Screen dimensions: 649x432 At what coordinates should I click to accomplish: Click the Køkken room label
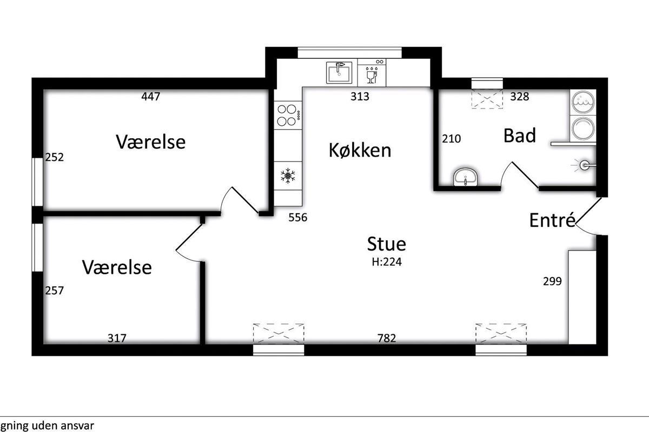[360, 150]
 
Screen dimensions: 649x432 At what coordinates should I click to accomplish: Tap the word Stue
[387, 244]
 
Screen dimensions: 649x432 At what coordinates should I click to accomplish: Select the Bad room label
[520, 135]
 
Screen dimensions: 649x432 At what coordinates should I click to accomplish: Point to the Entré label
[552, 220]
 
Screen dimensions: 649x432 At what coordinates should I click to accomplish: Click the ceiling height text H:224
[387, 262]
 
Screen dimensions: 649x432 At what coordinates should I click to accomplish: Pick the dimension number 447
[151, 96]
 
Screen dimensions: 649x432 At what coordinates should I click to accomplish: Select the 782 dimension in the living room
[387, 338]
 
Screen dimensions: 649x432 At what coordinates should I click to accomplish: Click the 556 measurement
[298, 217]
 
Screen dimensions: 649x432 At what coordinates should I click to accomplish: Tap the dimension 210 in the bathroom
[452, 139]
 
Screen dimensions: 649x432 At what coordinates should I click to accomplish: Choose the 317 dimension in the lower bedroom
[117, 338]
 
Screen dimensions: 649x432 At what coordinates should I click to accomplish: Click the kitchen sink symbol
[339, 72]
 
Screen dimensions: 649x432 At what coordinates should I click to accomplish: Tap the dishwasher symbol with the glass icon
[372, 72]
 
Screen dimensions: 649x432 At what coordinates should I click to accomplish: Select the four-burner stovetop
[288, 115]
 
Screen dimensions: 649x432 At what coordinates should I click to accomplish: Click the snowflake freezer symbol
[288, 175]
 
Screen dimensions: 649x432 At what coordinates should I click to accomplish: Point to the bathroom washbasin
[466, 176]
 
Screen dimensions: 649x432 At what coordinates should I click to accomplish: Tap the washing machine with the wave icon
[583, 102]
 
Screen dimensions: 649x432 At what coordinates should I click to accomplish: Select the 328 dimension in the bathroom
[520, 96]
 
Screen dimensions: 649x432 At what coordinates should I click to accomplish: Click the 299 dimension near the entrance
[552, 281]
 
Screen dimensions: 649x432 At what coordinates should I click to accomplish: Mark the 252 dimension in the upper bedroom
[54, 157]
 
